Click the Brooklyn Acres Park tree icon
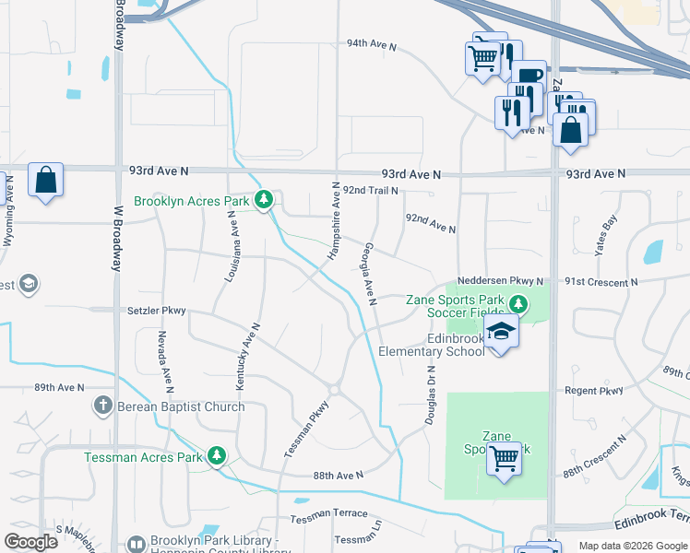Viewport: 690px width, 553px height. coord(264,200)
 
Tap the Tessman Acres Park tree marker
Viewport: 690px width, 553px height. coord(217,456)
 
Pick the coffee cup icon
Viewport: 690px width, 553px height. coord(529,76)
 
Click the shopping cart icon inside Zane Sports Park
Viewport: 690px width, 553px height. coord(504,457)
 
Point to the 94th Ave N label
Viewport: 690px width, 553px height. coord(371,43)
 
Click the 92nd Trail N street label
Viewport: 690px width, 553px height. coord(370,190)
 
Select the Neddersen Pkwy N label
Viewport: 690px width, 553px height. coord(502,281)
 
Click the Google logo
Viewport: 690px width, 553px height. coord(31,542)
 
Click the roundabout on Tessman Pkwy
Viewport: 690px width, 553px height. coord(334,389)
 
